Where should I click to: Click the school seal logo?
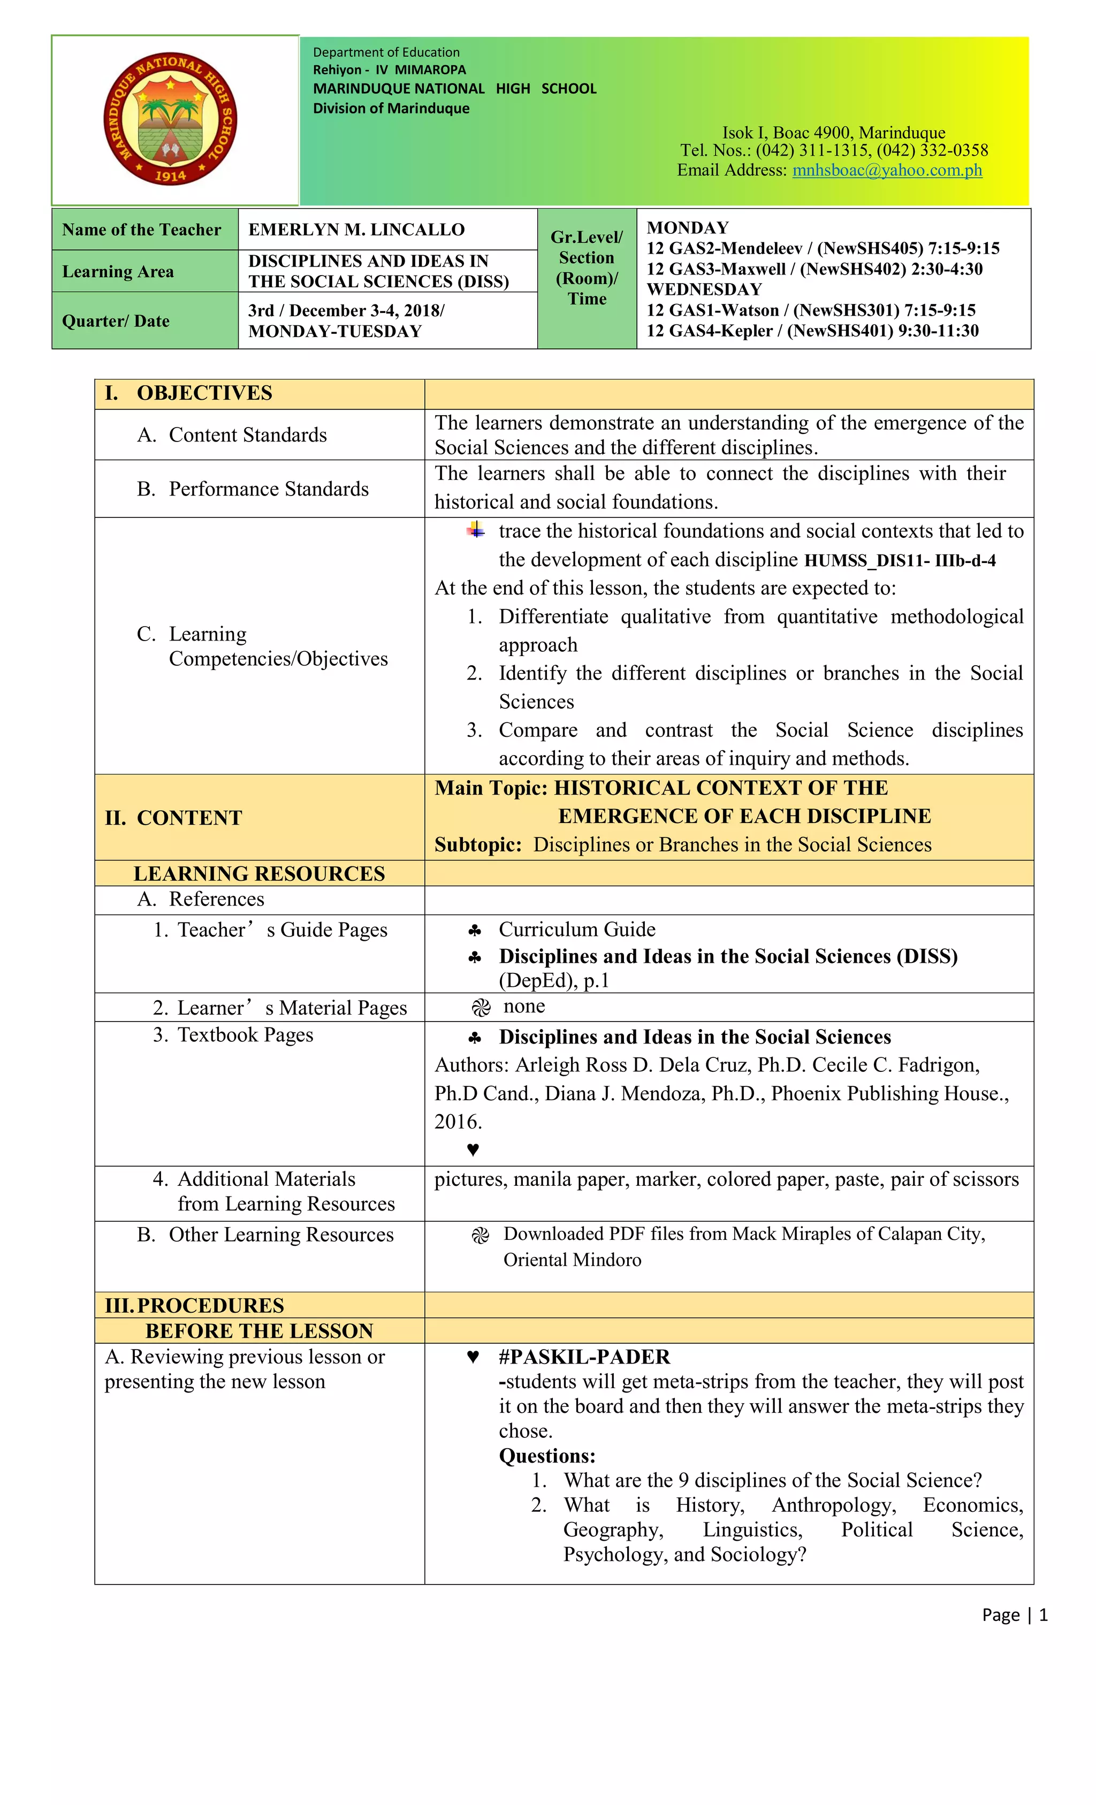click(170, 119)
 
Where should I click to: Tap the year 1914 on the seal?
click(170, 175)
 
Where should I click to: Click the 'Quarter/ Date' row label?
click(116, 321)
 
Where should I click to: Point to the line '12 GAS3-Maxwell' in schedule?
click(814, 269)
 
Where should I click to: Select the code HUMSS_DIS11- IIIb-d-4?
click(900, 561)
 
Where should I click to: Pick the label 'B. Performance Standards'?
click(253, 489)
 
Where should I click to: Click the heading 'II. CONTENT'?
click(173, 818)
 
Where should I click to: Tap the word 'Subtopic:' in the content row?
click(478, 844)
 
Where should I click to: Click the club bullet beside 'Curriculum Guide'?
click(475, 931)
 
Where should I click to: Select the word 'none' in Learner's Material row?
click(524, 1007)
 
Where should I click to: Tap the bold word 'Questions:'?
click(546, 1456)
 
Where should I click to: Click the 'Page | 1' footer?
click(1014, 1614)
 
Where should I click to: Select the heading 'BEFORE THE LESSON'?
click(260, 1331)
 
